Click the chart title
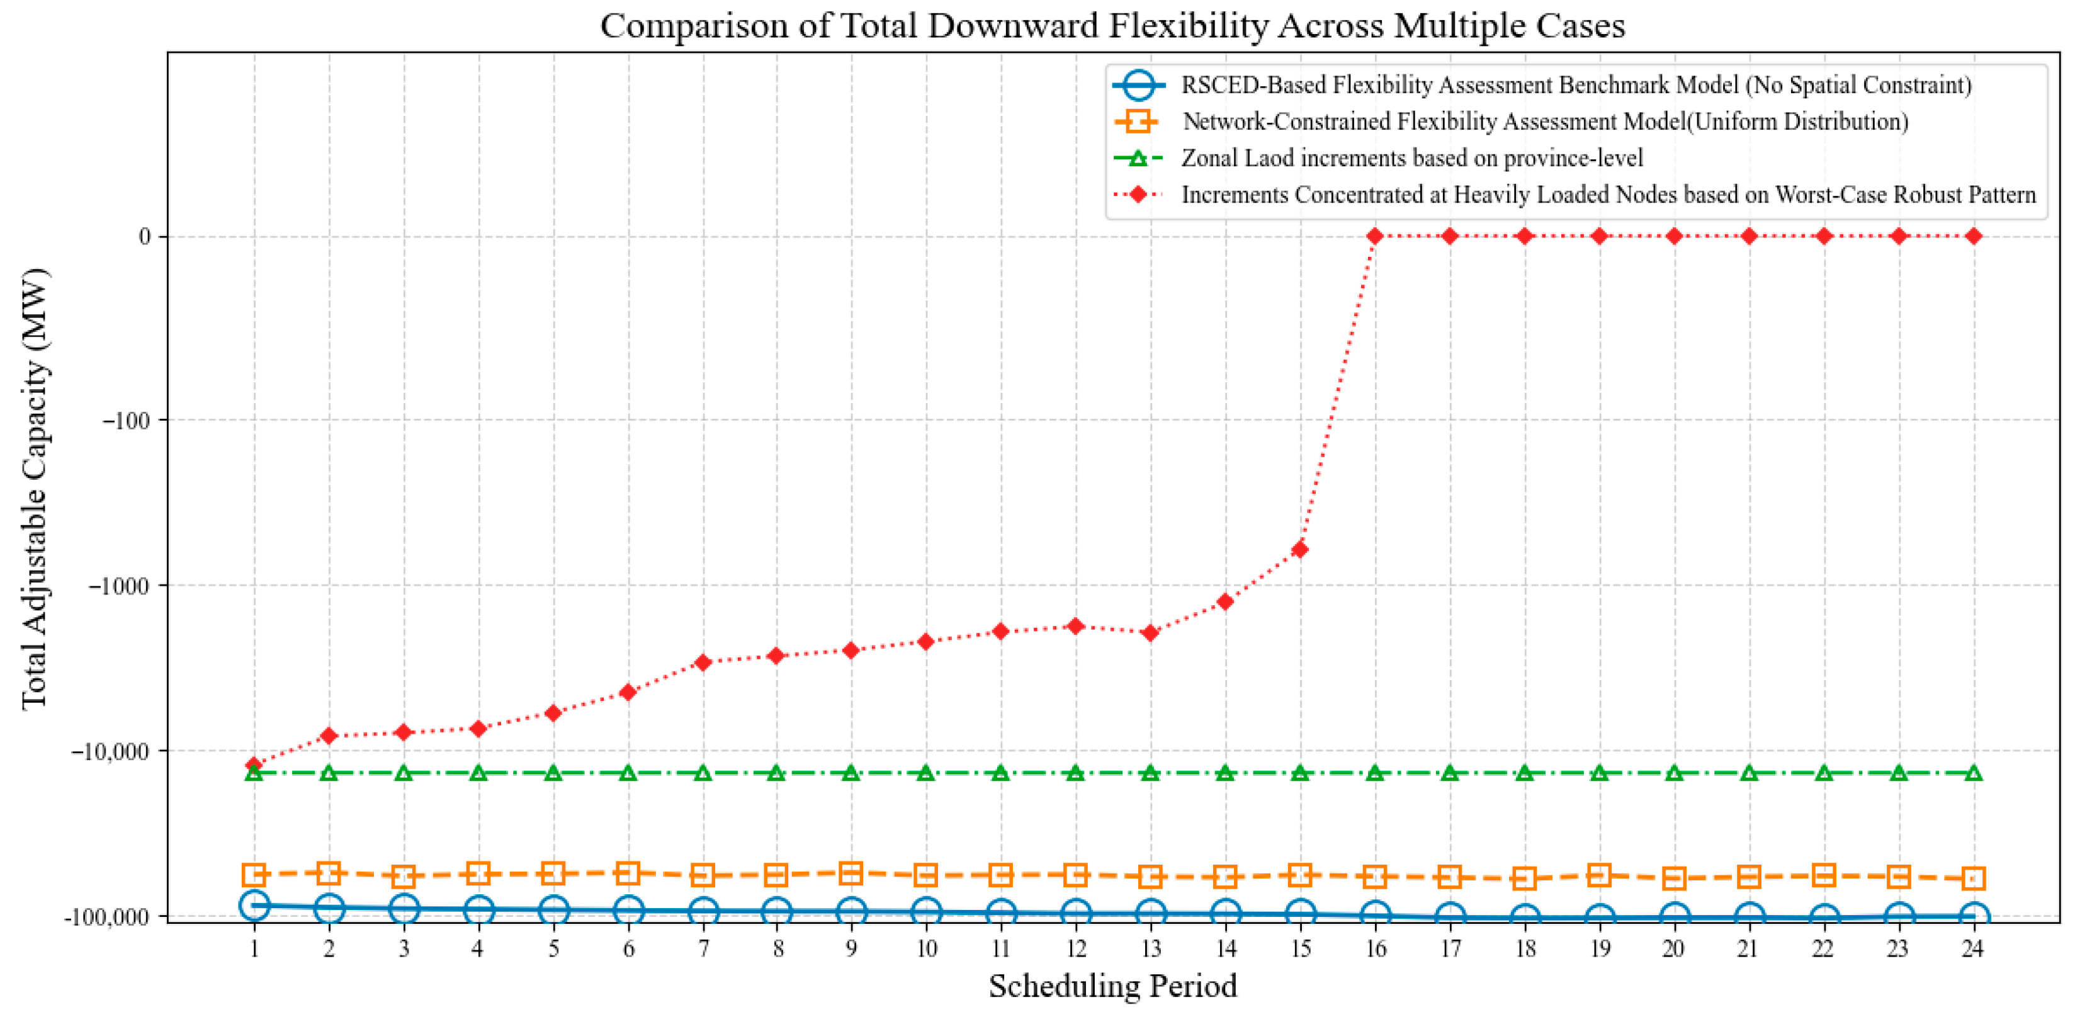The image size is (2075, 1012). [1112, 26]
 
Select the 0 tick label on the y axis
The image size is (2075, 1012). [144, 236]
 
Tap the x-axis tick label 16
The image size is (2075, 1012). [1375, 948]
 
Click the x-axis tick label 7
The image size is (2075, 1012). [703, 948]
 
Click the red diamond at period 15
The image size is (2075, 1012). [1300, 550]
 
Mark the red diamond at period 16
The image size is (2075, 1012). [1375, 236]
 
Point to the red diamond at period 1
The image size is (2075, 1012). [254, 765]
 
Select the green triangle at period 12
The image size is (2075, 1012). [1075, 773]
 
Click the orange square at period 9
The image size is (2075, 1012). [851, 873]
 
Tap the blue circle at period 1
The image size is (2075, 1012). [254, 905]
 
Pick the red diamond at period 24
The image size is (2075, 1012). [1973, 236]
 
